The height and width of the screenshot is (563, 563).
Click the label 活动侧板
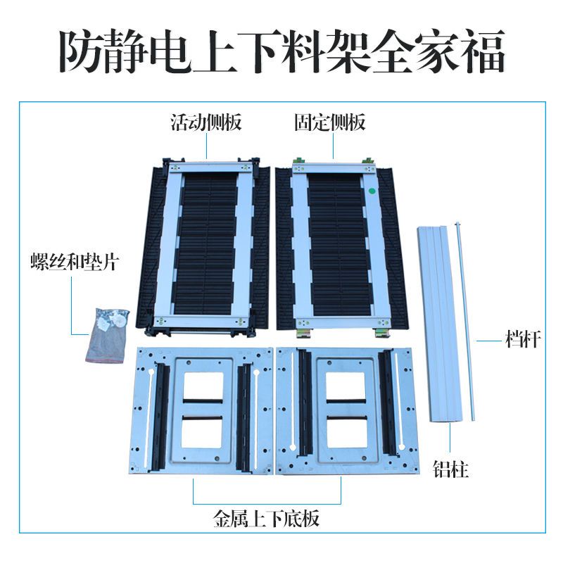(x=206, y=122)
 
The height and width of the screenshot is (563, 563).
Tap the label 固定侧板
(x=330, y=122)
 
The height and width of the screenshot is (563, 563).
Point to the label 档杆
(x=523, y=339)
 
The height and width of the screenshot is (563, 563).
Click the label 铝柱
(x=451, y=469)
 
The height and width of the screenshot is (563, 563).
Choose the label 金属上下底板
(x=267, y=519)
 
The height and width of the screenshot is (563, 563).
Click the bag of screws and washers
(x=107, y=335)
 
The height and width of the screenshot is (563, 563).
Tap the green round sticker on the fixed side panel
(x=373, y=191)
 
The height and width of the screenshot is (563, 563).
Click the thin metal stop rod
(x=465, y=322)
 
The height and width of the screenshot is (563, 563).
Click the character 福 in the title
(x=483, y=51)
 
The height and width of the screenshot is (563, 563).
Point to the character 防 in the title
(x=80, y=51)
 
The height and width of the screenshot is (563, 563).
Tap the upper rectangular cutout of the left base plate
(x=203, y=386)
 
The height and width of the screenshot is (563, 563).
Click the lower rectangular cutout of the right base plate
(x=347, y=432)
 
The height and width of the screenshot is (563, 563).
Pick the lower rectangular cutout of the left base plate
(x=203, y=432)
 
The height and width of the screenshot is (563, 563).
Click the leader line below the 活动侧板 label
(x=207, y=145)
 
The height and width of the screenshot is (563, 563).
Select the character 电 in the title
(x=170, y=51)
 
